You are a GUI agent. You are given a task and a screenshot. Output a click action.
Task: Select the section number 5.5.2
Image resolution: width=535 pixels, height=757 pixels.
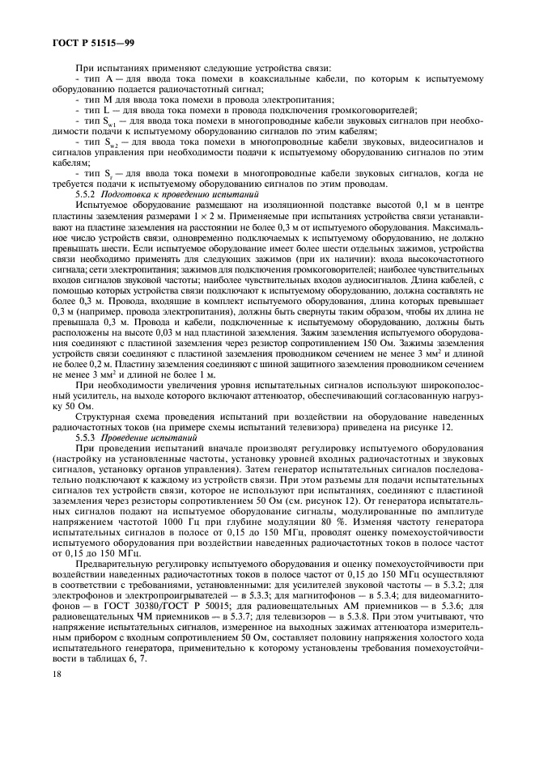[x=85, y=196]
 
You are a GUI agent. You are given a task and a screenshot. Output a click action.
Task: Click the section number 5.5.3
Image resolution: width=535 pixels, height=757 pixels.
[x=85, y=436]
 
